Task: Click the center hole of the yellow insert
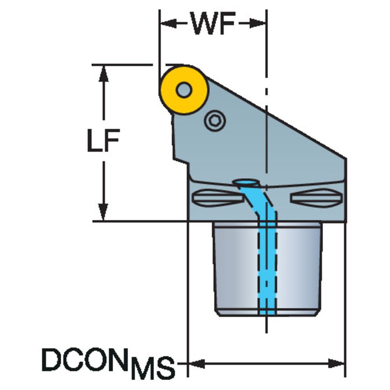coord(184,90)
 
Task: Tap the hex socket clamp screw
coord(214,121)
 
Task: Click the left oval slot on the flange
coord(215,197)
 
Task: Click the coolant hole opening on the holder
coord(246,183)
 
